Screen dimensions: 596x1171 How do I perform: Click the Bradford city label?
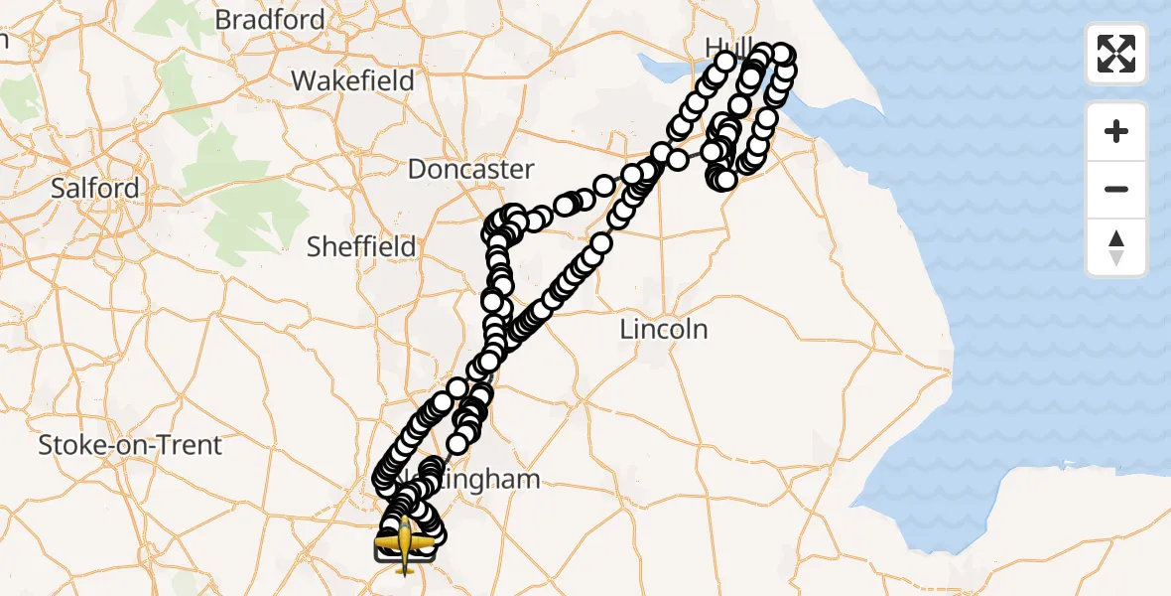pos(270,20)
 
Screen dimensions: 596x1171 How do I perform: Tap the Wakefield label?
pos(352,80)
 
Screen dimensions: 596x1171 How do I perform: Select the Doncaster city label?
pos(471,169)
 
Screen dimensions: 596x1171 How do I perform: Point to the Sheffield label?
pos(361,246)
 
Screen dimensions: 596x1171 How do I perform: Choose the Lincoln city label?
pos(664,329)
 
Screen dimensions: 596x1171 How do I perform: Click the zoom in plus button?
pos(1116,131)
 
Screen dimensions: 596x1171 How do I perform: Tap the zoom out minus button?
pos(1116,189)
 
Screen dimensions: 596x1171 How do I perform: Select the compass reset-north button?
pos(1116,247)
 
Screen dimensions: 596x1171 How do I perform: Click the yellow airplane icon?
pos(405,542)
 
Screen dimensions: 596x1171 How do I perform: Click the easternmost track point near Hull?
pos(785,55)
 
